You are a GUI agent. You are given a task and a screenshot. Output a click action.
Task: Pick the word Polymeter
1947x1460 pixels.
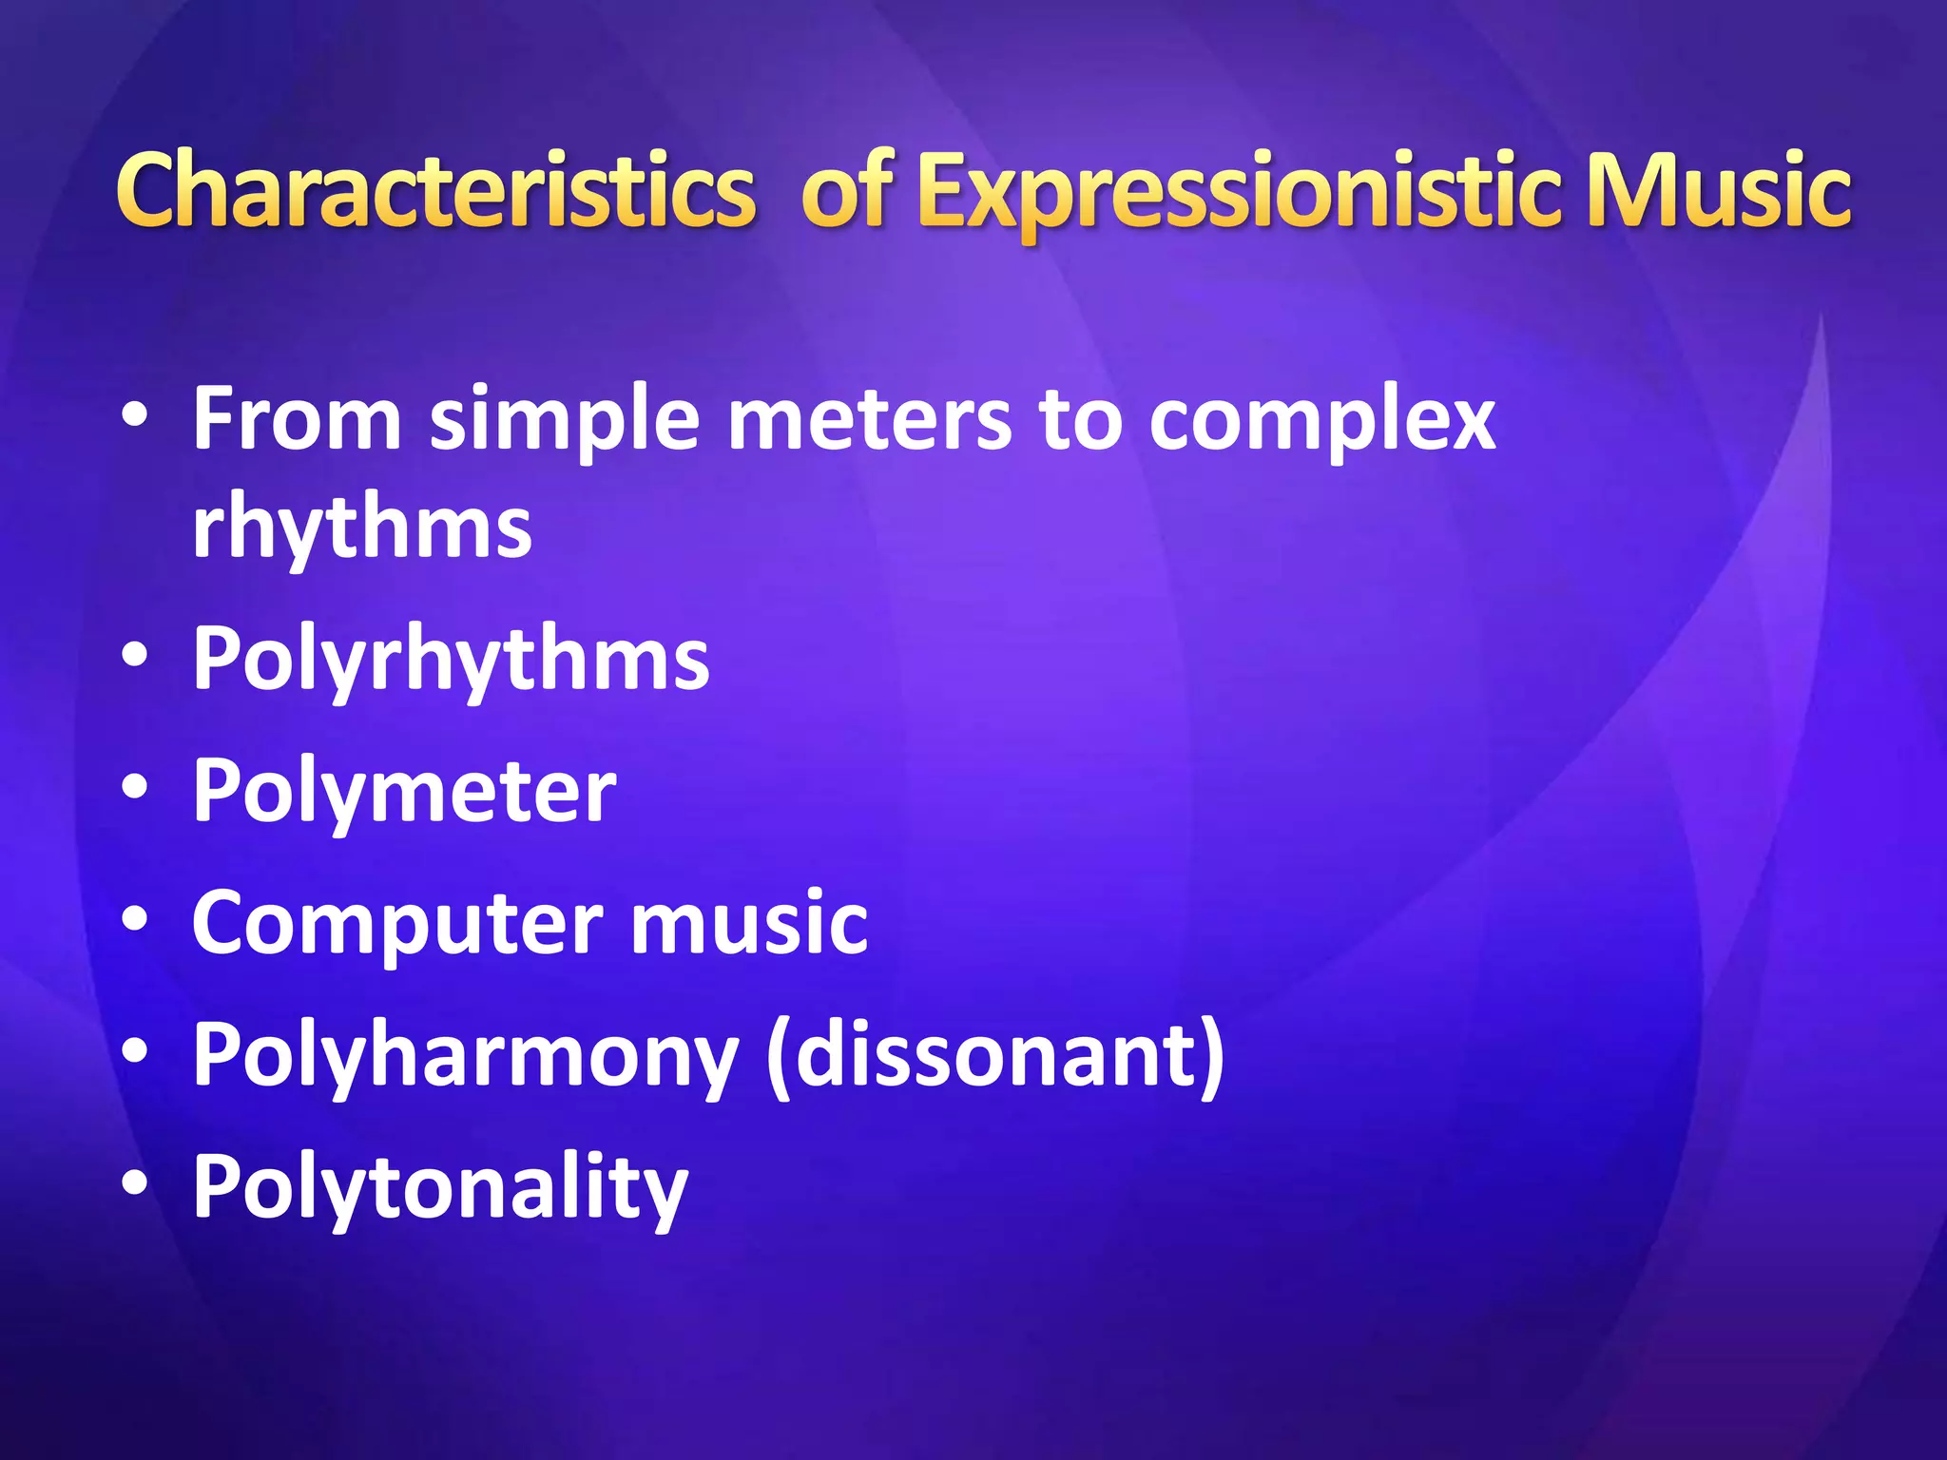[x=404, y=791]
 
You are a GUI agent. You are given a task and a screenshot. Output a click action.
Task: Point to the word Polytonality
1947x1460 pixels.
[x=440, y=1187]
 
